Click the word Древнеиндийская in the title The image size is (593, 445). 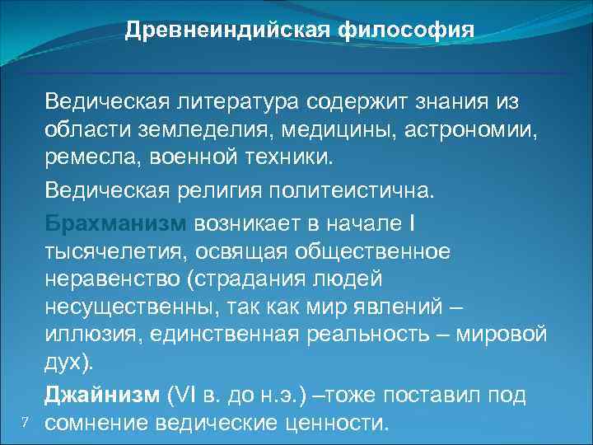228,30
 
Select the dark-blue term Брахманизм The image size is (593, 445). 117,224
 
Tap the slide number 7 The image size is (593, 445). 26,423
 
